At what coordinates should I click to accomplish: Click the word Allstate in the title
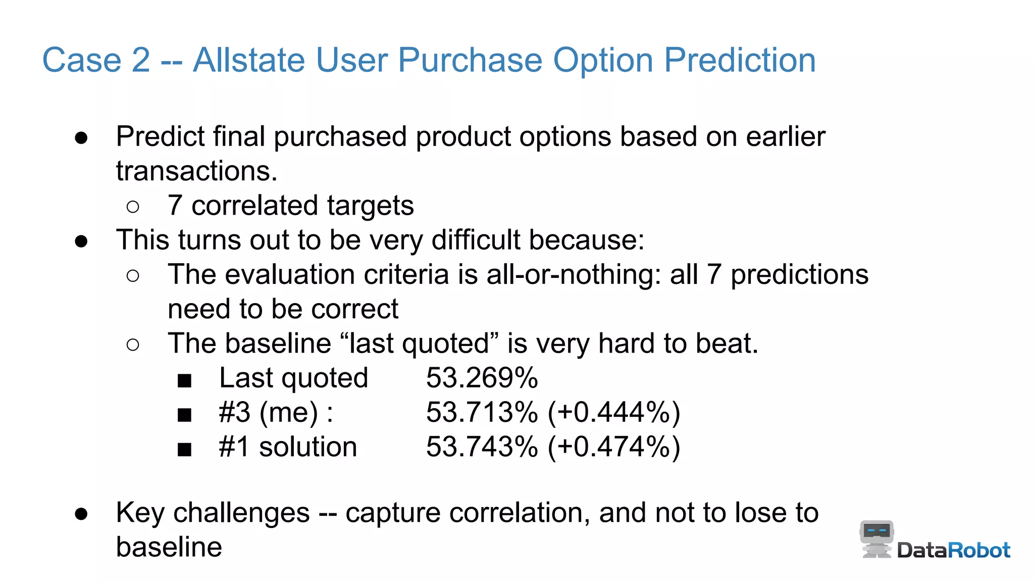(248, 61)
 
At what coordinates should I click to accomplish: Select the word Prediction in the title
(740, 61)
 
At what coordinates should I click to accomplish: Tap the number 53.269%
(482, 378)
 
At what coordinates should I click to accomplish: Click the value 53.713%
(482, 412)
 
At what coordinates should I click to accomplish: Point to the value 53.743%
(482, 447)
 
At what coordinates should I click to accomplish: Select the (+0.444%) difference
(614, 412)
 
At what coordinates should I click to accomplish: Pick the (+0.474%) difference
(614, 447)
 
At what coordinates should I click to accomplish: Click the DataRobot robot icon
(876, 539)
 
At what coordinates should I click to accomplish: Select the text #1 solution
(288, 447)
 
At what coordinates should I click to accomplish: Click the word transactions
(196, 171)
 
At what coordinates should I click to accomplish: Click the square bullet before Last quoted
(184, 380)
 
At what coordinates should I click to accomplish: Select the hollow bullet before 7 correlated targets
(133, 207)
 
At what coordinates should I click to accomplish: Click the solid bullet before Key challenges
(81, 514)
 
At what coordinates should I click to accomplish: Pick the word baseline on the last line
(169, 547)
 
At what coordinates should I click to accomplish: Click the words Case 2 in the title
(96, 61)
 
